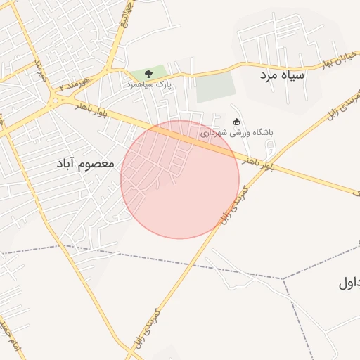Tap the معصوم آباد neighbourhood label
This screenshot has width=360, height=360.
85,163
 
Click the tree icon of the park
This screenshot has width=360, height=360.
148,74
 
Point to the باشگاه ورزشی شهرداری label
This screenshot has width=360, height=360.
237,131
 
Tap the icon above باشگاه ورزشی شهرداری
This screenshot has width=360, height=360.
236,122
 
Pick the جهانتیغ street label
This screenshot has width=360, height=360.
127,14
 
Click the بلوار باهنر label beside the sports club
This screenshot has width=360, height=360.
257,161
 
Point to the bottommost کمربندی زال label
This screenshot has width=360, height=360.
145,327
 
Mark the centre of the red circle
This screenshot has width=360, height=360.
180,179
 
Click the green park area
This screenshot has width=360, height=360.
149,72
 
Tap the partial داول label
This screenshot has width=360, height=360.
349,283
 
